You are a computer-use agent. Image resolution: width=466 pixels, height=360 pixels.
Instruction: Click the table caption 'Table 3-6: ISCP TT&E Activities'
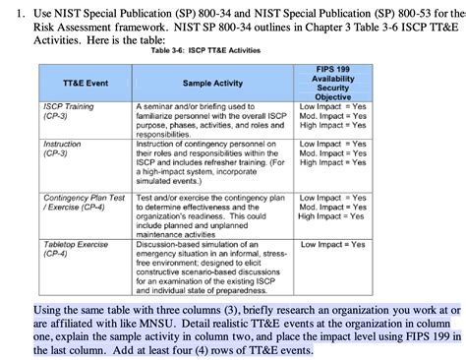207,51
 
